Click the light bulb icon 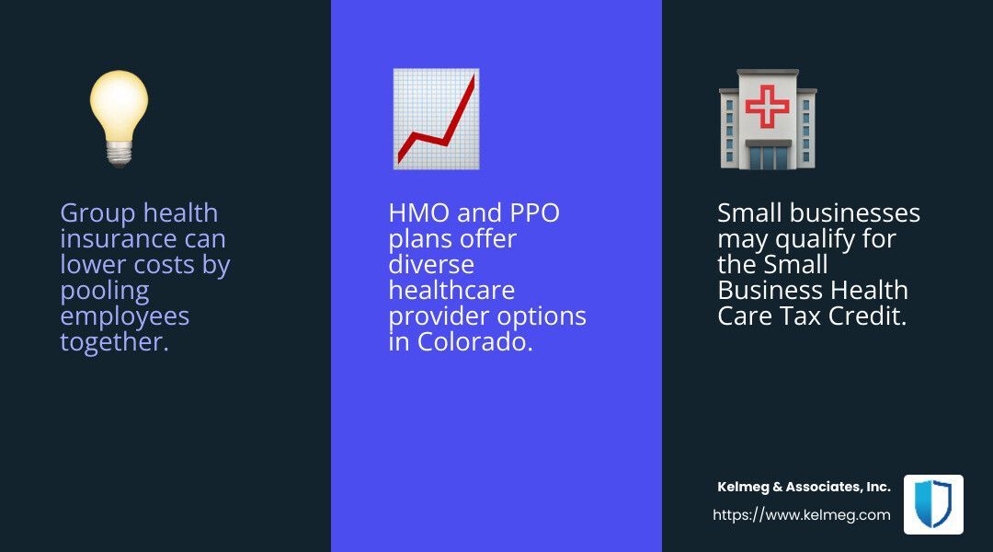coord(119,119)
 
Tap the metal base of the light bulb coord(119,154)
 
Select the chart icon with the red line coord(437,119)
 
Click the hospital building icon coord(768,120)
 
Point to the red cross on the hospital coord(768,106)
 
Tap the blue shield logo coord(933,504)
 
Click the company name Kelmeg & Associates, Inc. coord(804,487)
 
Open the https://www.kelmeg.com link coord(801,514)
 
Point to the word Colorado coord(474,342)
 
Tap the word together coord(114,343)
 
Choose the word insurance coord(118,239)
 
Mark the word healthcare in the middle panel coord(451,290)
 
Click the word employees coord(125,317)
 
